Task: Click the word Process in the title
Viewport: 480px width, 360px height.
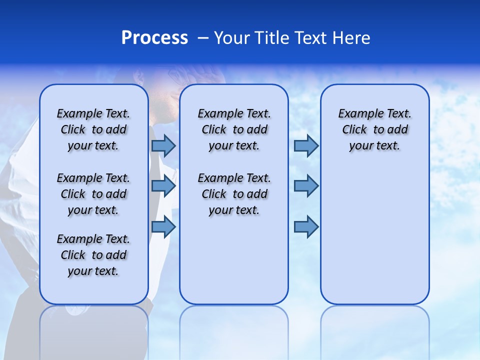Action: pos(154,37)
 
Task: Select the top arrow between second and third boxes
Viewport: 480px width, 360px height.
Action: pos(306,145)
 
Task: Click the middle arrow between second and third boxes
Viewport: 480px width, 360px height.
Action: pos(306,186)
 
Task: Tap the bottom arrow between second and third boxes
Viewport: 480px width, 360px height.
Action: pos(306,226)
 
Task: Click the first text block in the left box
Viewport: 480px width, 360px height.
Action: pos(93,129)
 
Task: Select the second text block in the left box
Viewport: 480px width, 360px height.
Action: pos(93,194)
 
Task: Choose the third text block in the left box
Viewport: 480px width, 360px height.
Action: pos(93,255)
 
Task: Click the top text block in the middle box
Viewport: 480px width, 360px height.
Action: pos(234,129)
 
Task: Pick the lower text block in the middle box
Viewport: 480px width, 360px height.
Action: pos(234,194)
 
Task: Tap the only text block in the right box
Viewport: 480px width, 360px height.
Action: pos(375,129)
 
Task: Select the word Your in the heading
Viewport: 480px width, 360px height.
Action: pos(231,37)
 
